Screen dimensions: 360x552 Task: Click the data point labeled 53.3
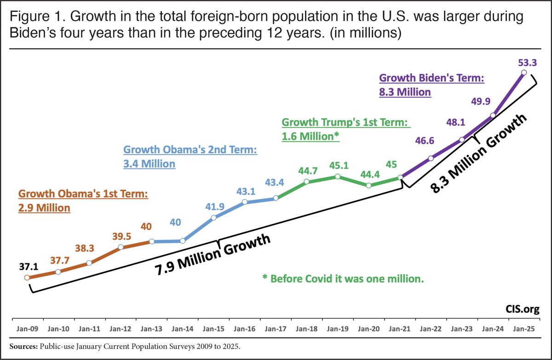click(x=524, y=72)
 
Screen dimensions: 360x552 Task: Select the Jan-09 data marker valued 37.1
click(x=27, y=278)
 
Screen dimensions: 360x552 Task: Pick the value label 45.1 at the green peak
click(x=338, y=164)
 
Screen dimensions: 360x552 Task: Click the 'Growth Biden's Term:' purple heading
click(x=431, y=79)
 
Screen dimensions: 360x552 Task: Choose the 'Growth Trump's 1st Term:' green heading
click(x=345, y=123)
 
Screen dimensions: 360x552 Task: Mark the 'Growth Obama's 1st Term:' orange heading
click(x=83, y=194)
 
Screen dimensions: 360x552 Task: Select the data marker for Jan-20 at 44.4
click(x=369, y=186)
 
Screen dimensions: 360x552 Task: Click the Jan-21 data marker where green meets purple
click(x=400, y=177)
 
